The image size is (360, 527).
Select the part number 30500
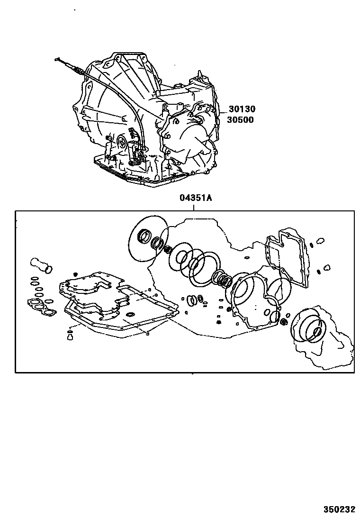pos(240,120)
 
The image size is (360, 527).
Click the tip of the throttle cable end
pos(57,60)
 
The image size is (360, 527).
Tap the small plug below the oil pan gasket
pos(70,336)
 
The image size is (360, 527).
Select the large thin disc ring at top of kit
pos(148,239)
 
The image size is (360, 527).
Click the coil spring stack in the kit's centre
pos(222,279)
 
